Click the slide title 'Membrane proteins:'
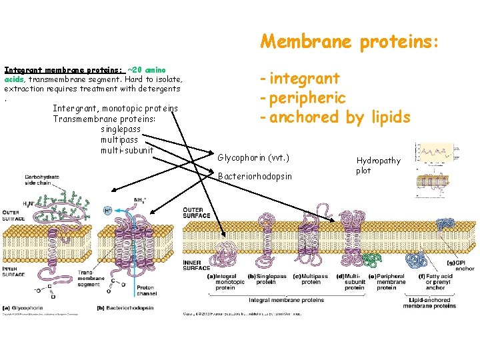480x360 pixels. coord(349,42)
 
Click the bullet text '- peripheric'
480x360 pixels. coord(303,98)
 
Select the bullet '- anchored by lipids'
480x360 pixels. coord(335,117)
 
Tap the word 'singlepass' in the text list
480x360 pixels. coord(122,129)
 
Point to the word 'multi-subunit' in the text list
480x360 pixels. coord(127,150)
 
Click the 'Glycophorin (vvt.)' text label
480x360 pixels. coord(253,159)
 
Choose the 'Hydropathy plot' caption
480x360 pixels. coord(378,165)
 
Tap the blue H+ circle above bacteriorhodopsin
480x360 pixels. coord(108,210)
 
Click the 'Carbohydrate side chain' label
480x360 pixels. coord(43,181)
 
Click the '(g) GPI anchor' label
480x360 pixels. coord(465,265)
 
